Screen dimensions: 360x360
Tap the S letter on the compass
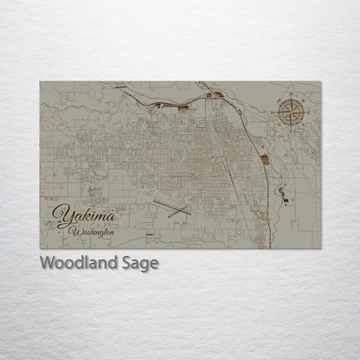coord(291,126)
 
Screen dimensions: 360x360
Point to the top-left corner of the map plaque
coord(40,82)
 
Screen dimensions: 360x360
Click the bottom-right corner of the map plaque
coord(321,248)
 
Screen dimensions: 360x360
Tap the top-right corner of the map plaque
coord(321,82)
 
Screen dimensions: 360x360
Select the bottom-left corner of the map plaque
coord(40,248)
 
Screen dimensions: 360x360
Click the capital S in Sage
coord(126,263)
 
